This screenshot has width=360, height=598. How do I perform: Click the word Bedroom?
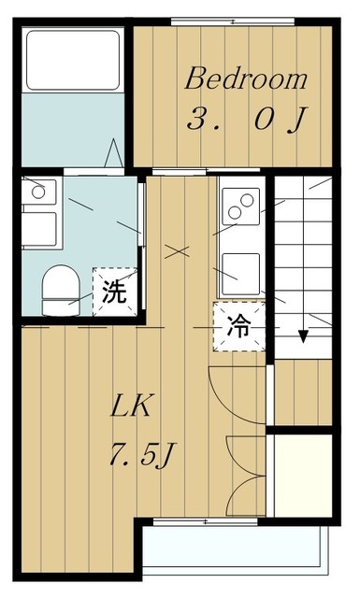pyautogui.click(x=246, y=78)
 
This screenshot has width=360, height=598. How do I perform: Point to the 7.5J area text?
pyautogui.click(x=142, y=456)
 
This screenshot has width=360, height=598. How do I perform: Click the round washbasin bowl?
pyautogui.click(x=38, y=192)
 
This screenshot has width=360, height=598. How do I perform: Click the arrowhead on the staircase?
pyautogui.click(x=303, y=337)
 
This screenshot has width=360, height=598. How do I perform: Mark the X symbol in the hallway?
pyautogui.click(x=178, y=251)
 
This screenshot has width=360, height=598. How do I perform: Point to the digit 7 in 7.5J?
pyautogui.click(x=119, y=457)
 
